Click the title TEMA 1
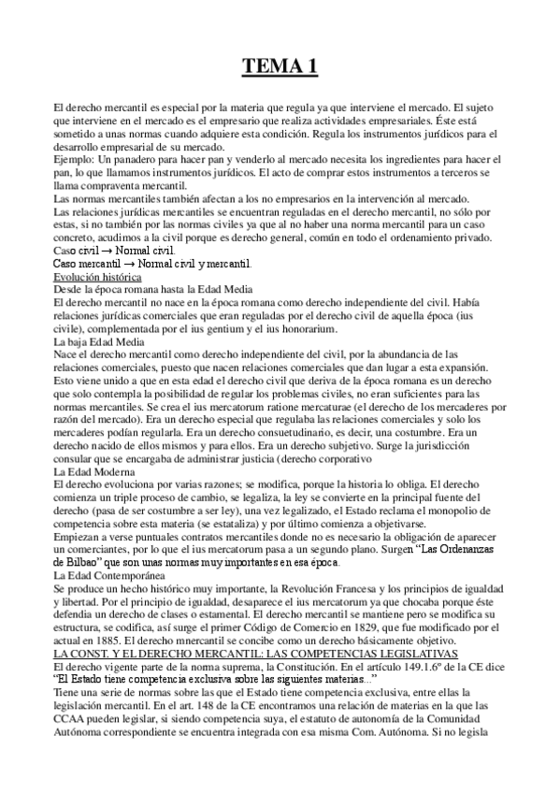point(280,66)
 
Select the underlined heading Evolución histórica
point(97,278)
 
